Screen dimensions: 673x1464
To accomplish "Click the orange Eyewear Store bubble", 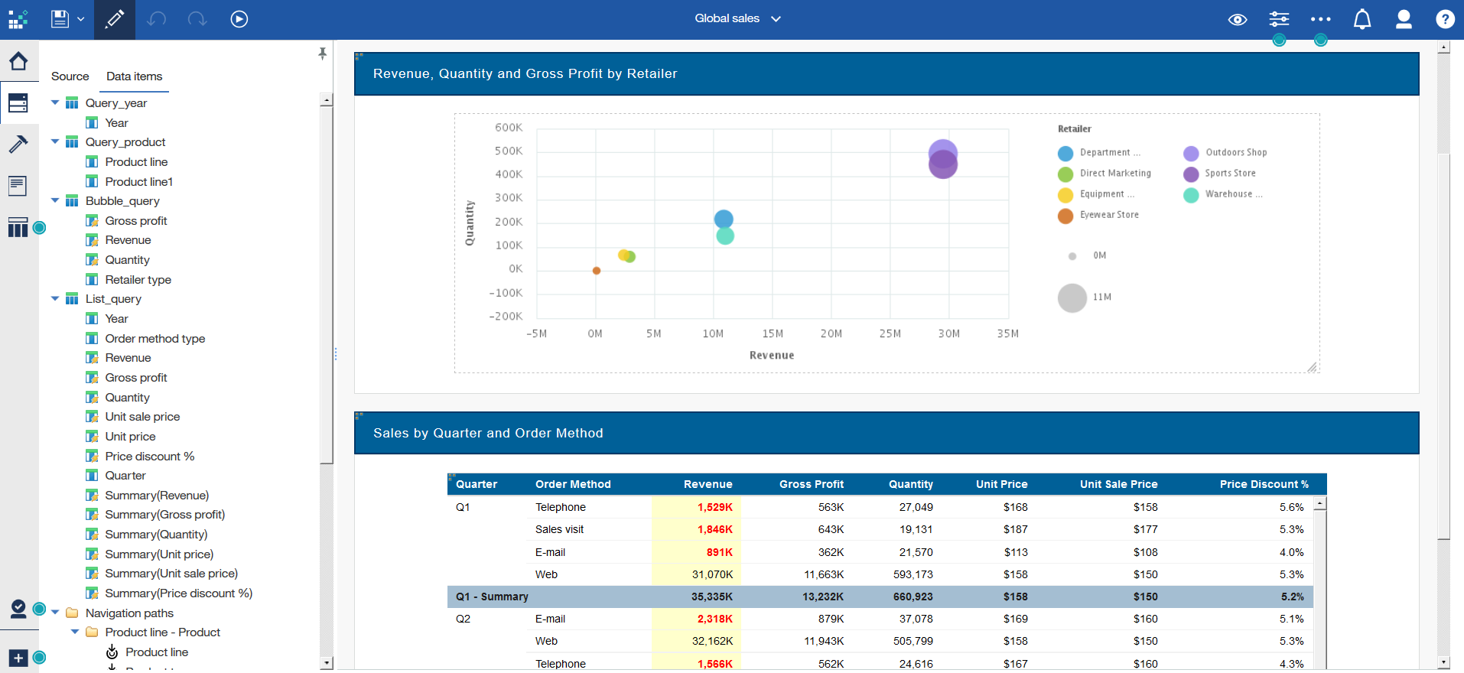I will point(597,271).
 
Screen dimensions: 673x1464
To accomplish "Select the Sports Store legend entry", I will point(1230,174).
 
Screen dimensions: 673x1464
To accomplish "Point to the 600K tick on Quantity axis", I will point(509,128).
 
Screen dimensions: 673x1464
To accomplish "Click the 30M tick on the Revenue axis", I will point(948,333).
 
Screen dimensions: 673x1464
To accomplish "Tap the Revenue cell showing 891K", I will point(718,552).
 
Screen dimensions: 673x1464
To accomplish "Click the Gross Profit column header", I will point(811,484).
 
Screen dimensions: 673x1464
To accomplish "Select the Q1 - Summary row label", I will point(492,597).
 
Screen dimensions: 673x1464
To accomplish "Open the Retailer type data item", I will point(138,280).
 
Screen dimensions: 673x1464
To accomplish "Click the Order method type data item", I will point(155,339).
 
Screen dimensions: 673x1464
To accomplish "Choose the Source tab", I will point(70,76).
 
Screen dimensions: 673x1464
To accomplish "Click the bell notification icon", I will point(1362,19).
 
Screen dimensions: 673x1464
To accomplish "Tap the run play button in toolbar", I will point(239,19).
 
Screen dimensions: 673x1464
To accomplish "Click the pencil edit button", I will point(115,19).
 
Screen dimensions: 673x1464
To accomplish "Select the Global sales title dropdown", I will point(737,18).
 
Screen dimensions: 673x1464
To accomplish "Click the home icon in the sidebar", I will point(18,61).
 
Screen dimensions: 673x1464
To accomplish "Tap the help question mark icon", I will point(1444,19).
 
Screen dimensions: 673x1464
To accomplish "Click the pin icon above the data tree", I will point(322,54).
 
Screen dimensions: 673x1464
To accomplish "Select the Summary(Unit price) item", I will point(159,554).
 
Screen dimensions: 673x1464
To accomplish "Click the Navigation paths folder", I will point(129,613).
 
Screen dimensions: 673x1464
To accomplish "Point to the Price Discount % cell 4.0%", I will point(1291,552).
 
